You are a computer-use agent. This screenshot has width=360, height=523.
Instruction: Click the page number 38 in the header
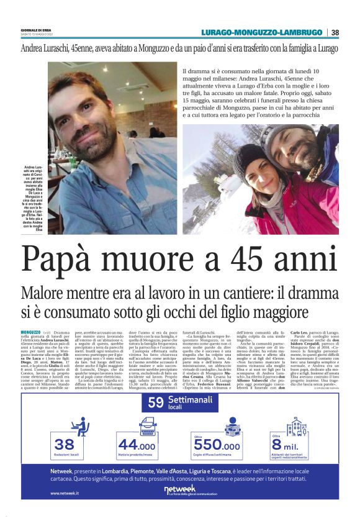(335, 32)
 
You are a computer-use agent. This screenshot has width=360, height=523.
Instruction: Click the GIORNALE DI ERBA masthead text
(36, 30)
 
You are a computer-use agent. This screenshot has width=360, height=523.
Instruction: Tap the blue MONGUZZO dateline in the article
(30, 333)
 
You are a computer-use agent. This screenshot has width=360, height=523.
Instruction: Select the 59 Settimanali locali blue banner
(180, 402)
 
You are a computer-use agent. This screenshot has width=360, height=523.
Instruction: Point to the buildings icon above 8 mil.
(296, 427)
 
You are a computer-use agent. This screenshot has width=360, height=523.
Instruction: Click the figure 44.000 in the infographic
(137, 445)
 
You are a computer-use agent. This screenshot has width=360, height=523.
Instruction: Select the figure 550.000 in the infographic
(217, 445)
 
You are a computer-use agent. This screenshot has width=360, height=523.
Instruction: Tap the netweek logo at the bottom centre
(180, 490)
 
